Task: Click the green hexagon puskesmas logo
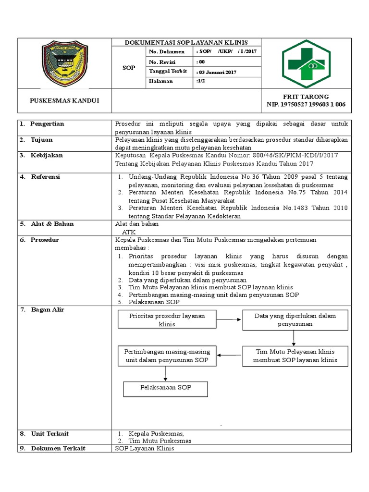point(306,63)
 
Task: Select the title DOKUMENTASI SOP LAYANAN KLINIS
point(186,43)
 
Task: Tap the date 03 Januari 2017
point(217,73)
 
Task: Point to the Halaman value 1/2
point(201,82)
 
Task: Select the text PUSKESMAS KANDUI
point(64,101)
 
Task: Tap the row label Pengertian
point(47,124)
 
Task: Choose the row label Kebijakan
point(47,156)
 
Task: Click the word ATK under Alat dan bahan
point(129,232)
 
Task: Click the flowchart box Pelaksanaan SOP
point(165,387)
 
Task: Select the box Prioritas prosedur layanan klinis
point(167,320)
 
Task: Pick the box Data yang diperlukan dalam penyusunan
point(295,320)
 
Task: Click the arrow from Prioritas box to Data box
point(229,320)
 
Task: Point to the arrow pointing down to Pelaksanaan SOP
point(165,374)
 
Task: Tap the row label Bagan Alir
point(48,310)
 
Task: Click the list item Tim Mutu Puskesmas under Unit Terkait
point(160,441)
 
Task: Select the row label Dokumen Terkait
point(58,448)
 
